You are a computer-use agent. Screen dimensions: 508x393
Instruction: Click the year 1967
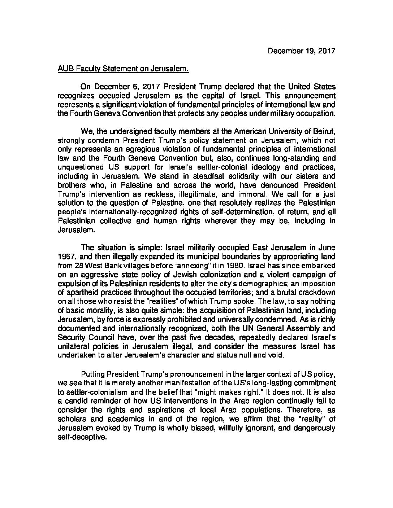point(65,256)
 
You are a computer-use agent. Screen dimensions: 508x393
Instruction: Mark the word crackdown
point(318,292)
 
